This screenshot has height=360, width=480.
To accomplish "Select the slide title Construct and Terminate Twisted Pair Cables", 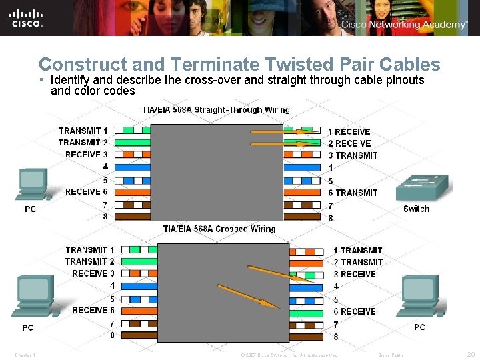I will pos(239,65).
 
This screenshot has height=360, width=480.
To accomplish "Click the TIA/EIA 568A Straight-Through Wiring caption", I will pos(216,109).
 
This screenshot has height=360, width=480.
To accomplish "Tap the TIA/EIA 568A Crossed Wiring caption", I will pos(219,229).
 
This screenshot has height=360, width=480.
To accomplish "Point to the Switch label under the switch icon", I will pos(417,209).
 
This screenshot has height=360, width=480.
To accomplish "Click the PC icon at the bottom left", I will pos(33,297).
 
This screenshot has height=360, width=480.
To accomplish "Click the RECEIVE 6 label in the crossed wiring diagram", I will pos(93,310).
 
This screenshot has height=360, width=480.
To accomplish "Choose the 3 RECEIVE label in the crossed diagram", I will pos(355,274).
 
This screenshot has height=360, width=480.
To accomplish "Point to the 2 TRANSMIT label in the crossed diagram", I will pos(358,262).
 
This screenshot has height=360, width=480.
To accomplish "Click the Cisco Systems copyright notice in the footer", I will pos(289,355).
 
